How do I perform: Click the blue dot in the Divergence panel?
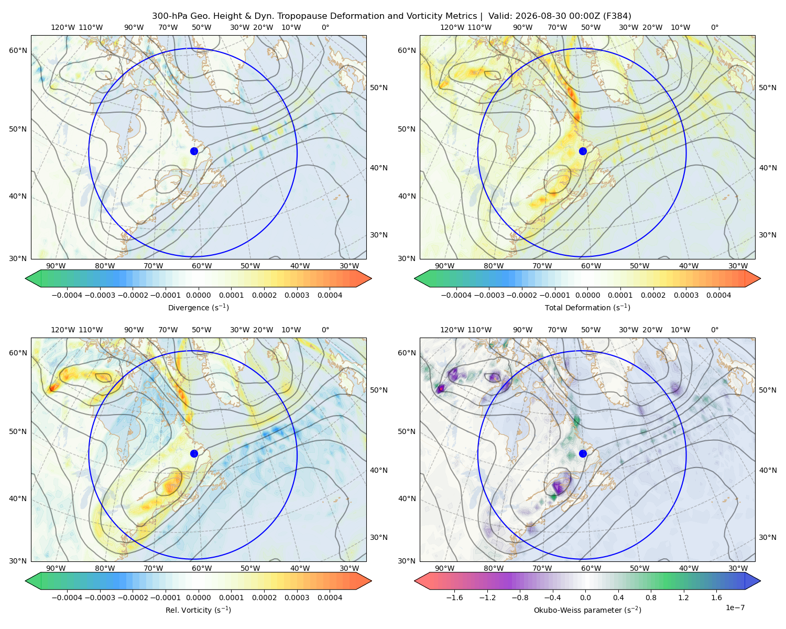(194, 151)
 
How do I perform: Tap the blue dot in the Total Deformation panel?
(583, 151)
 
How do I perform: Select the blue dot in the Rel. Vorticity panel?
(194, 453)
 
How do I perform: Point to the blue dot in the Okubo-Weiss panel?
(583, 453)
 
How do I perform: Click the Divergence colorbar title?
(198, 308)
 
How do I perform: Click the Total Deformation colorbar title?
(587, 308)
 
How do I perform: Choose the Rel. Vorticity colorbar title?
(198, 610)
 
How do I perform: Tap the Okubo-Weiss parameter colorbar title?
(587, 610)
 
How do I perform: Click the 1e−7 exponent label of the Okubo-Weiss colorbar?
(735, 608)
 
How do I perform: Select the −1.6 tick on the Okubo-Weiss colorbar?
(454, 598)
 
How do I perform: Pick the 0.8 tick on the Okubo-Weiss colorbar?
(651, 598)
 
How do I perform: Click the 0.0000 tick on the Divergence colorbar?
(198, 295)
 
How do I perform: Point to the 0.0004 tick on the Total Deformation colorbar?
(719, 295)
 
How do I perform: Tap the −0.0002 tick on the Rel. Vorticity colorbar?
(133, 598)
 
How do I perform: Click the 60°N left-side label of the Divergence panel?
(18, 50)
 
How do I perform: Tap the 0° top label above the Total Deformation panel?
(714, 27)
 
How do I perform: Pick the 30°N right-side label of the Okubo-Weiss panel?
(768, 537)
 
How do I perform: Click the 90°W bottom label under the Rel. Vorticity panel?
(56, 568)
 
